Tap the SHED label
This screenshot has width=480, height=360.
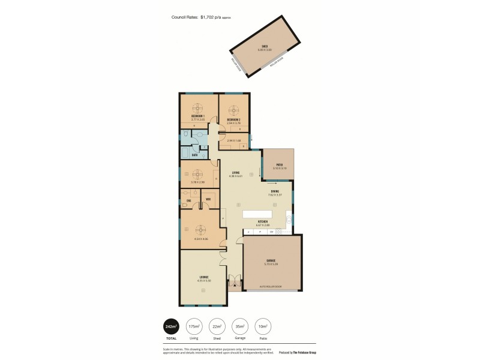point(264,46)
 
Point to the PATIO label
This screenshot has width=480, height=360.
point(279,165)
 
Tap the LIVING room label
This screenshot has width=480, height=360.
point(236,173)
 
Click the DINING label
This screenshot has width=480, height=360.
point(275,191)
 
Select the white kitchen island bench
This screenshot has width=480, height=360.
point(257,214)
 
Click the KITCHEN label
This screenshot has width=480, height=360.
point(262,221)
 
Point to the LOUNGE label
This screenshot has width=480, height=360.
point(203,277)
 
